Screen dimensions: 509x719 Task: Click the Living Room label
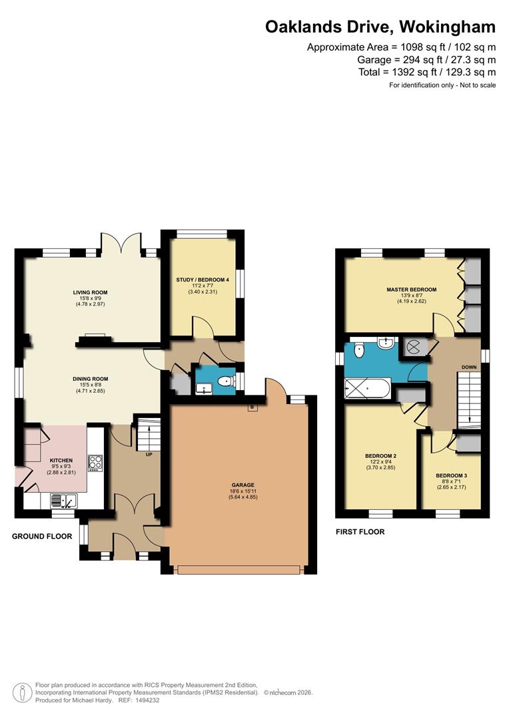[x=91, y=292]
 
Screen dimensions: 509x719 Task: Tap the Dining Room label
[x=91, y=379]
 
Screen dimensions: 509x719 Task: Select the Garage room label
[x=243, y=485]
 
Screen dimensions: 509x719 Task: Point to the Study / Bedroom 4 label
[x=203, y=280]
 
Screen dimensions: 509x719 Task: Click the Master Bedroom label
[x=411, y=290]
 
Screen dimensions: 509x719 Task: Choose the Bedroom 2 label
[x=380, y=456]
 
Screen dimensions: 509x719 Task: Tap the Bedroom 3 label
[x=452, y=475]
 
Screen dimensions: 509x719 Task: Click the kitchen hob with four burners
[x=95, y=463]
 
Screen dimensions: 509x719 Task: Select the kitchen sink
[x=63, y=501]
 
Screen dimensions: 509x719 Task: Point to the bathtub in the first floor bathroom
[x=367, y=389]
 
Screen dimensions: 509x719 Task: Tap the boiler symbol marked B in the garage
[x=252, y=407]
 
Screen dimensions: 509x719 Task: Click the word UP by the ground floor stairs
[x=149, y=455]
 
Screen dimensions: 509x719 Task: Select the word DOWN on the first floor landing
[x=469, y=367]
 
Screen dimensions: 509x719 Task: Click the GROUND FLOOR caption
[x=42, y=536]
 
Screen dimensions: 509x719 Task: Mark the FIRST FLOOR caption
[x=360, y=532]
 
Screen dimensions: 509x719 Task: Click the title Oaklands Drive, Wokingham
[x=380, y=27]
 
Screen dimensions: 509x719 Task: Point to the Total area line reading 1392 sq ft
[x=427, y=72]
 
